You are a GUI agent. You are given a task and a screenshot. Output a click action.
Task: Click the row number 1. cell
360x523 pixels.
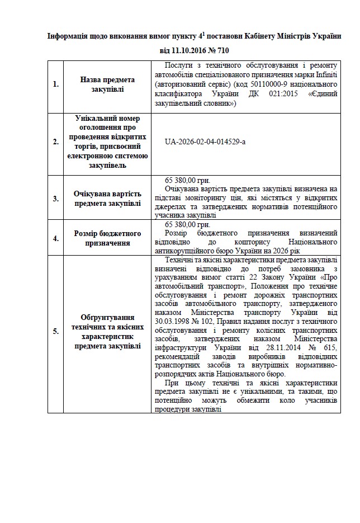[x=55, y=84]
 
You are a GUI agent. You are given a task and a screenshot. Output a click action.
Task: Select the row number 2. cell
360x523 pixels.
[x=55, y=142]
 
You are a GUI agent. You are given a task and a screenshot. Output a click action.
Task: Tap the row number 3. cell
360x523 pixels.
[x=55, y=198]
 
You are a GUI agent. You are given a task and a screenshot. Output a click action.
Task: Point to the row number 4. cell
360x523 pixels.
[x=55, y=238]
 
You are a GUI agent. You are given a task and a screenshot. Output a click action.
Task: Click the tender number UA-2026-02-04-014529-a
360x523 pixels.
[x=205, y=142]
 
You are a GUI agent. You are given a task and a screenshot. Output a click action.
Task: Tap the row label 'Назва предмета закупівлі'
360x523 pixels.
[x=107, y=84]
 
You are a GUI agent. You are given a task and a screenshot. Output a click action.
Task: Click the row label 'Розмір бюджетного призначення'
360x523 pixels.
[x=107, y=238]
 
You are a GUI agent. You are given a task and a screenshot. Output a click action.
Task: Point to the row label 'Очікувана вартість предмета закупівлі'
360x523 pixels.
[x=107, y=198]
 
